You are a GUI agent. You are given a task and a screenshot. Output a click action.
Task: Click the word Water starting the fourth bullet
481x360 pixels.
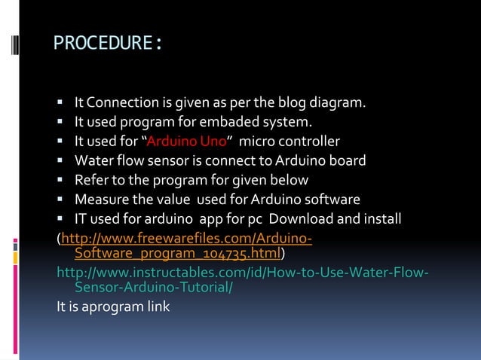93,160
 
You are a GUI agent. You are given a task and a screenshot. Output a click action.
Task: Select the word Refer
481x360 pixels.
90,180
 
